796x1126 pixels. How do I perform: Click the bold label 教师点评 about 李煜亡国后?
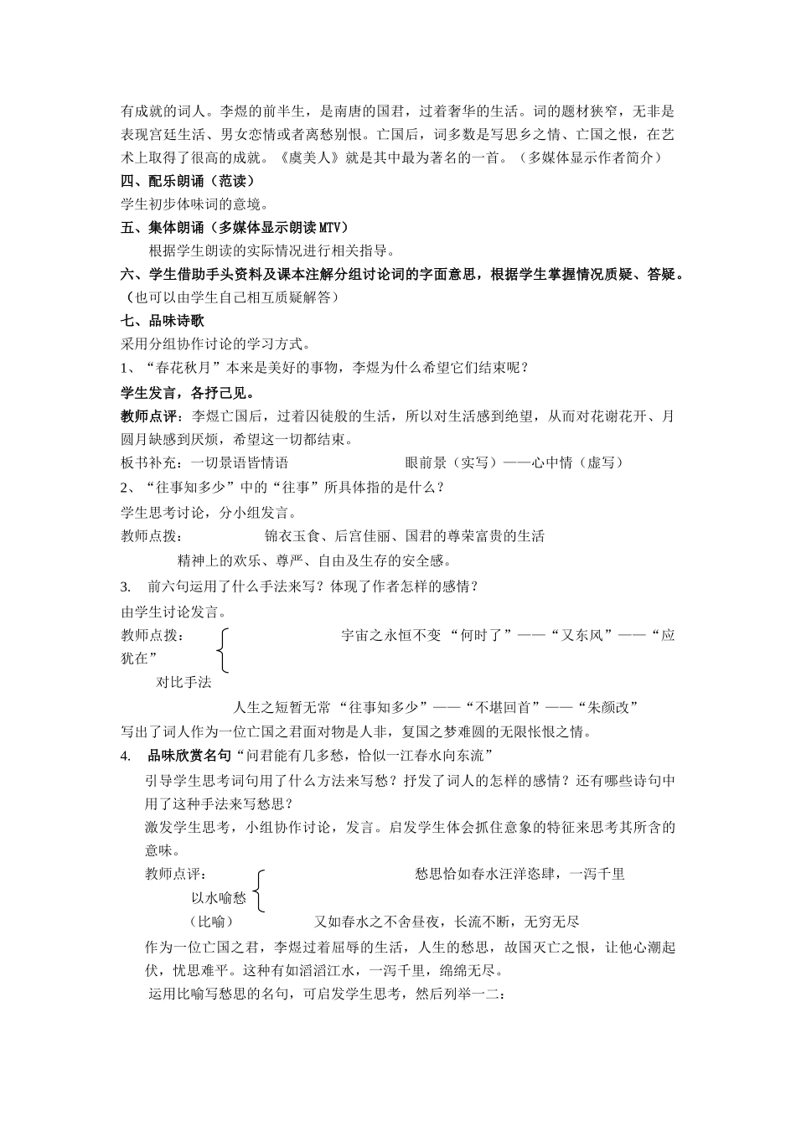coord(152,416)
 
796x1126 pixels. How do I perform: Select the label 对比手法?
coord(184,682)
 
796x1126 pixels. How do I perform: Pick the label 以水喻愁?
coord(219,897)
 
